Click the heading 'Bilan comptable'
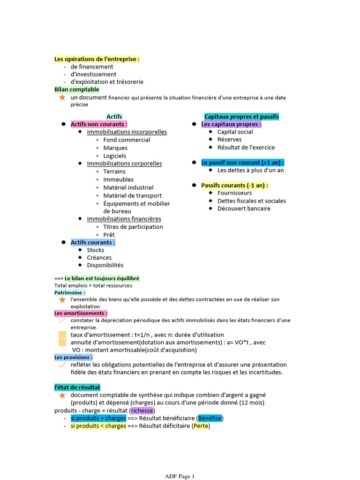[77, 89]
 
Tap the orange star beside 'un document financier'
[62, 97]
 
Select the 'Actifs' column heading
[114, 116]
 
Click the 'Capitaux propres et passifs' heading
[241, 116]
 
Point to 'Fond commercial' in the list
[127, 140]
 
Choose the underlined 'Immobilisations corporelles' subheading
[124, 164]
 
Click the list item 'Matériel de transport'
[132, 195]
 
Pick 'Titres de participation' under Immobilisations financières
[133, 227]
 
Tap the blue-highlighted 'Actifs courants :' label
[93, 242]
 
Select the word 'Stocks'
[96, 250]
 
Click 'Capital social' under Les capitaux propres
[235, 132]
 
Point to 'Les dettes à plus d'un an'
[250, 170]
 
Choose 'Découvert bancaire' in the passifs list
[244, 209]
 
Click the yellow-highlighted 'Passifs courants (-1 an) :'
[234, 185]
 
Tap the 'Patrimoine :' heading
[70, 292]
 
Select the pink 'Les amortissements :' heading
[81, 313]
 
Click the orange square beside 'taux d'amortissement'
[62, 335]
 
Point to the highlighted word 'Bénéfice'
[210, 418]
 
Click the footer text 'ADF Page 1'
[180, 476]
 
